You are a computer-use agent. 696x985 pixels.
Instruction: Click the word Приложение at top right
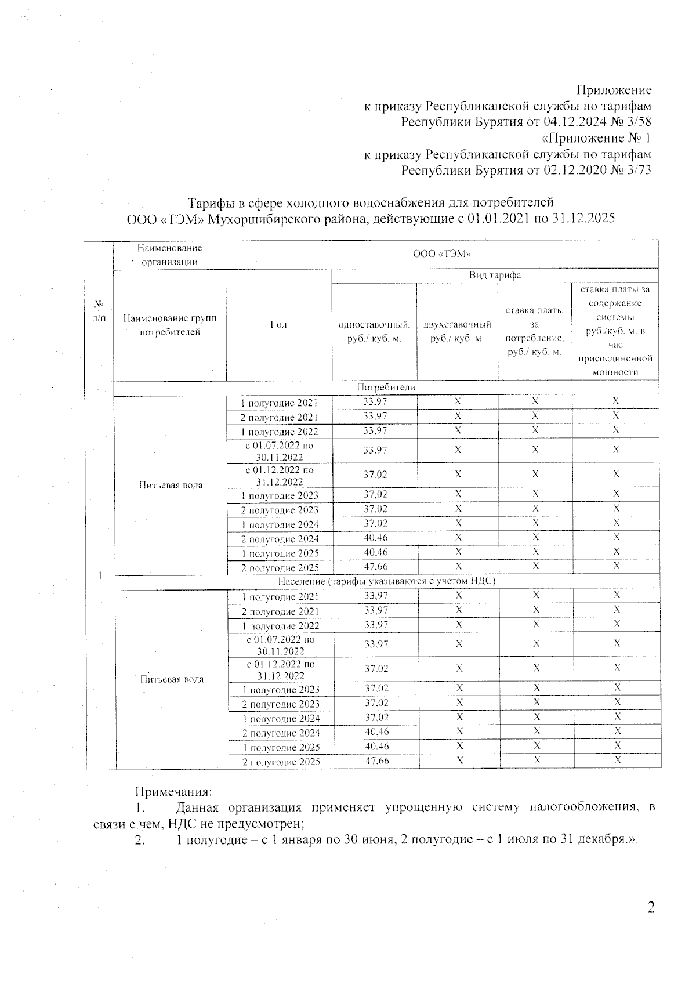(x=614, y=90)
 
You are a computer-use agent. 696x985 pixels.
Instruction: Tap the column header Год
(x=278, y=325)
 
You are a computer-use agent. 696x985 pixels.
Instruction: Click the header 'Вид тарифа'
(x=494, y=276)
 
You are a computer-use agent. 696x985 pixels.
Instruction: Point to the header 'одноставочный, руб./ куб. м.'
(x=374, y=331)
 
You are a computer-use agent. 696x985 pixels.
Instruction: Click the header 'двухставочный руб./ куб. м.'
(x=457, y=331)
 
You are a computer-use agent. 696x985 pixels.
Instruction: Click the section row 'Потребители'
(x=386, y=388)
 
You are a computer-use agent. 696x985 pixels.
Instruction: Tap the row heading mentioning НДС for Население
(x=386, y=581)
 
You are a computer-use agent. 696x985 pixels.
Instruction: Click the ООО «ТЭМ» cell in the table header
(x=441, y=254)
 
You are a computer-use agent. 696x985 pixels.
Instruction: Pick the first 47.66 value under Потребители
(x=375, y=567)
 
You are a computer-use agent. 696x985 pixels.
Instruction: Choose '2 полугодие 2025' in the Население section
(x=281, y=762)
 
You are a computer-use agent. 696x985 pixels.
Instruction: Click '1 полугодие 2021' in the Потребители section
(x=280, y=403)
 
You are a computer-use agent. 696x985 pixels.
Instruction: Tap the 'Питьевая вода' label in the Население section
(x=172, y=679)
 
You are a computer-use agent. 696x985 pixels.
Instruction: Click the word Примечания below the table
(x=174, y=791)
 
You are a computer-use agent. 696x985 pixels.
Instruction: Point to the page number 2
(x=651, y=908)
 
